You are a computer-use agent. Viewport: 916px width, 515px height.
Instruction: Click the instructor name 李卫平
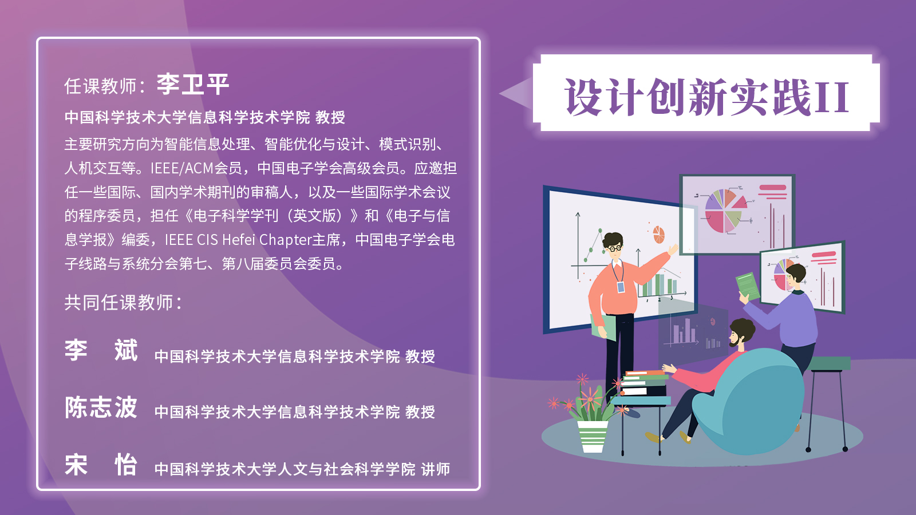pos(192,85)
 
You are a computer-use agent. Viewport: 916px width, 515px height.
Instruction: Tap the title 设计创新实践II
pos(706,97)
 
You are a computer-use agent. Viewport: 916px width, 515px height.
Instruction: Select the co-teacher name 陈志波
pos(101,407)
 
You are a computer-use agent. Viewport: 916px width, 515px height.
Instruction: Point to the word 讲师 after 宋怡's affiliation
pos(436,469)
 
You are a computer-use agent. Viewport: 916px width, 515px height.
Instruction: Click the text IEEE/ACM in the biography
pos(182,168)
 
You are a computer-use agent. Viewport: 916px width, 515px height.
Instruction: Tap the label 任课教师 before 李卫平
pos(101,86)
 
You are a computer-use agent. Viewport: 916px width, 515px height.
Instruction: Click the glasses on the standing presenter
pos(614,248)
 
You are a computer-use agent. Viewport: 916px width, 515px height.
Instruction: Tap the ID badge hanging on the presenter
pos(621,287)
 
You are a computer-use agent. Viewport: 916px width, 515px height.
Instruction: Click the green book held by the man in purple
pos(748,286)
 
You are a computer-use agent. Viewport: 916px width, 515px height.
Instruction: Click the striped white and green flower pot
pos(592,436)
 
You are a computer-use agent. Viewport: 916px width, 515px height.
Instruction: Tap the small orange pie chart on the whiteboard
pos(658,235)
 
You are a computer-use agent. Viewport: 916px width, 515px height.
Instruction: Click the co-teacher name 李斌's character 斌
pos(125,350)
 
